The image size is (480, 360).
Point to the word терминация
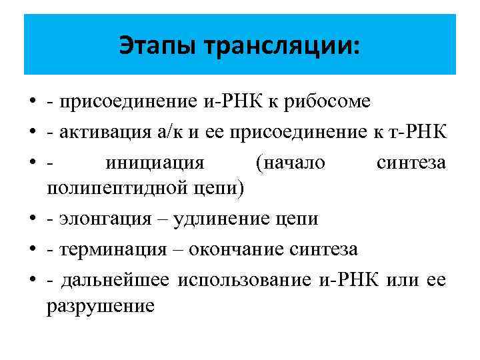click(112, 249)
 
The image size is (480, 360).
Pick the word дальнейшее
click(115, 280)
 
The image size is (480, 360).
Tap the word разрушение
click(101, 306)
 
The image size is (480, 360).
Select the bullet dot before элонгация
click(33, 219)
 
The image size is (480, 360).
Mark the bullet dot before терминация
click(33, 250)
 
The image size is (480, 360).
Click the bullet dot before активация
click(33, 132)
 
